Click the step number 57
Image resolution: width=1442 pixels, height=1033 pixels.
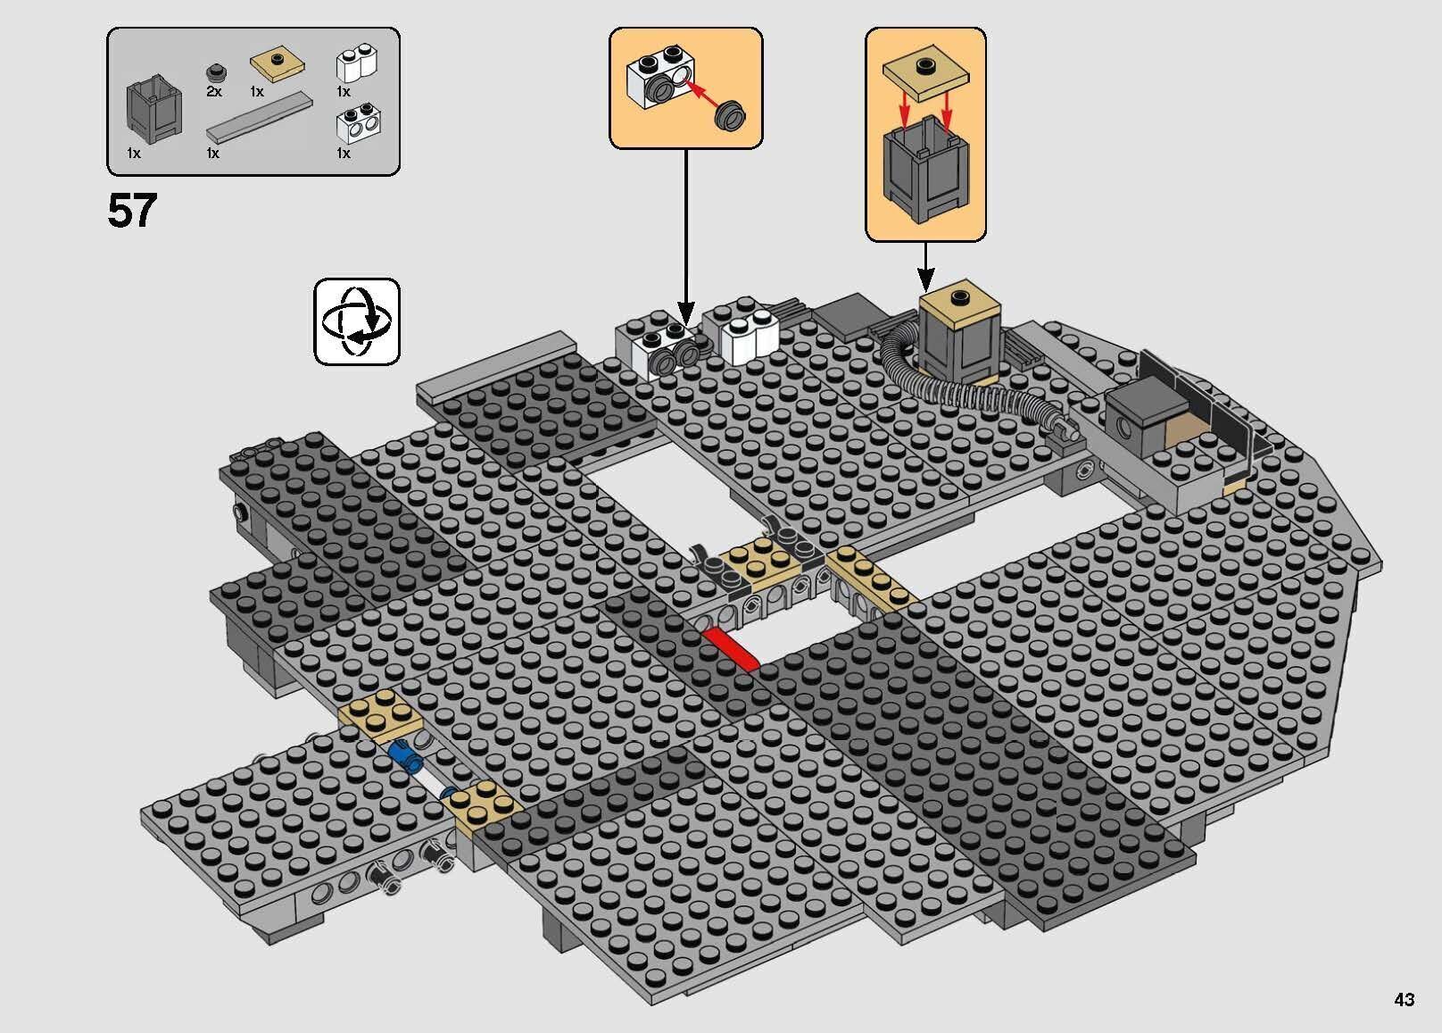click(131, 211)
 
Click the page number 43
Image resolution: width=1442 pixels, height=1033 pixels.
click(1404, 999)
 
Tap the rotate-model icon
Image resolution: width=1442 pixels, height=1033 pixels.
click(356, 321)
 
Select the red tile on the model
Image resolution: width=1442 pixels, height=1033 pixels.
click(730, 647)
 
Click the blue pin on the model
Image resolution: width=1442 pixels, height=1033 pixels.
click(406, 758)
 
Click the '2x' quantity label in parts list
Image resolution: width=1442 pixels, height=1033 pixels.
click(214, 91)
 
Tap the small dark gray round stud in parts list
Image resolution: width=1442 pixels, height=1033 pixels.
click(214, 72)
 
